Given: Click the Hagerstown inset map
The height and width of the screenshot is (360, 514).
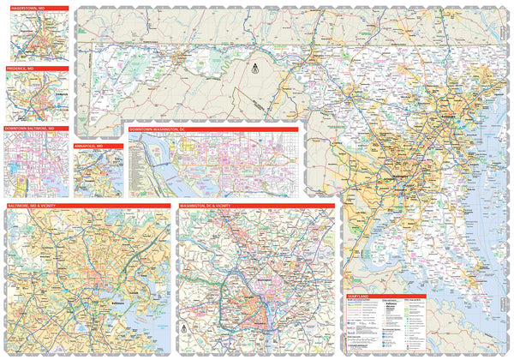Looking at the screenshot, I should [34, 36].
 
